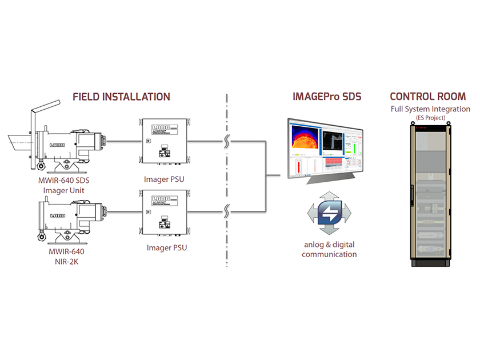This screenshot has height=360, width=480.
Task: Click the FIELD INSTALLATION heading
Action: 121,97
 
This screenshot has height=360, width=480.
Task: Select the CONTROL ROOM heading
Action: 427,97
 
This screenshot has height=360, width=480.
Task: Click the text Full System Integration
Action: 430,109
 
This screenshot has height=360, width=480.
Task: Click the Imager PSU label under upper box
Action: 165,179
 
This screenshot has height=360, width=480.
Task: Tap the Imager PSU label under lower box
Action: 165,247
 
